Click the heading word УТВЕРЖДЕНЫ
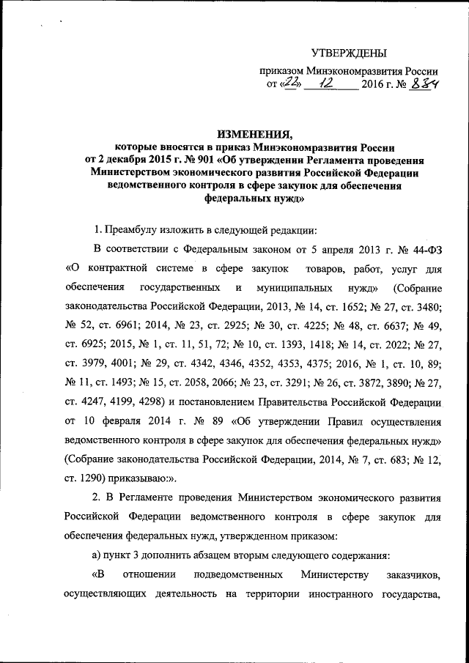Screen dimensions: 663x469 (x=349, y=53)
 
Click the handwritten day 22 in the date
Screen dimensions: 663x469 (x=289, y=86)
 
